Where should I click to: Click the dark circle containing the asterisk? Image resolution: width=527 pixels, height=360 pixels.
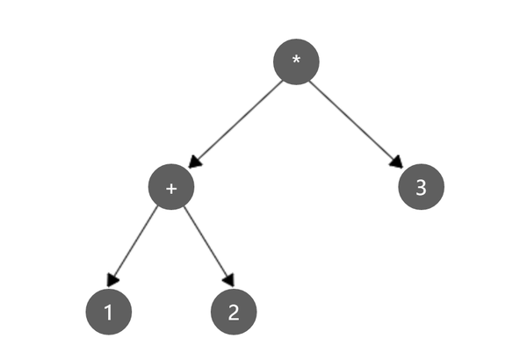296,61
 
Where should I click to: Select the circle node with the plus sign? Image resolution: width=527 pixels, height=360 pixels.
171,187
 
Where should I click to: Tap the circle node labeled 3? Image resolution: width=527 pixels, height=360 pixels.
421,187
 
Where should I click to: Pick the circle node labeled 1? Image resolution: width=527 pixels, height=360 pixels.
109,312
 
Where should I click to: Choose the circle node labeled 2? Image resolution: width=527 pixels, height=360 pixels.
234,312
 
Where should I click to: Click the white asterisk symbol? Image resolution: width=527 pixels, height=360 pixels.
296,61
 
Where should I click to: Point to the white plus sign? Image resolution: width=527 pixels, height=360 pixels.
171,189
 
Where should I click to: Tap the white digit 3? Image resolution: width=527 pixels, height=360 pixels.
421,187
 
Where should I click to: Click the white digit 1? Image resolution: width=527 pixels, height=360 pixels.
109,313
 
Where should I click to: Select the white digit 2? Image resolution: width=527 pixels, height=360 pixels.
234,313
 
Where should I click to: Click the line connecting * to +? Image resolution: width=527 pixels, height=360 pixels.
235,125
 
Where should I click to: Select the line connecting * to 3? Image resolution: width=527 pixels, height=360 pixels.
356,124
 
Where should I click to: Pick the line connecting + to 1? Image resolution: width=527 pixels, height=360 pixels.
133,247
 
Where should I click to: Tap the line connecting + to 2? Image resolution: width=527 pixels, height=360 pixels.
209,247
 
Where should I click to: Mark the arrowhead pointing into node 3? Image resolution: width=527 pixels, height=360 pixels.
397,162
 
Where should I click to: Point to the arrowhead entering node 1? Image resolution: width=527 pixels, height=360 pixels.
112,281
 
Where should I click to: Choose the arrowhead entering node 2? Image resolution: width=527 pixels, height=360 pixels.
229,280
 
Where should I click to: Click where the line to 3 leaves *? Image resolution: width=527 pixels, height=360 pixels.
309,81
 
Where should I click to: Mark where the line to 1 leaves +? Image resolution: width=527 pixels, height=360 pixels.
157,206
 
